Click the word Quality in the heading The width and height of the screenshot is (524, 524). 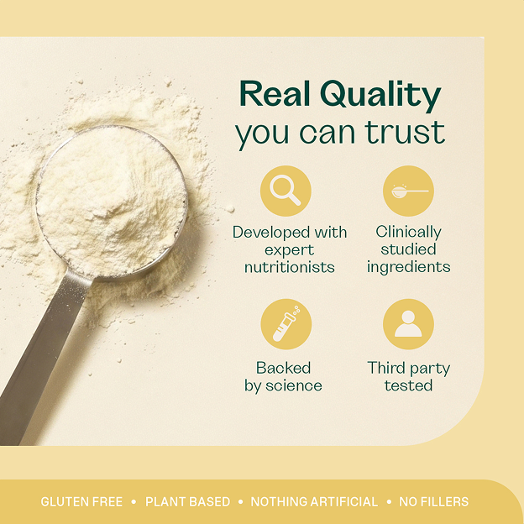pos(380,95)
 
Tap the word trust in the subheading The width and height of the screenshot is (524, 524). pos(405,132)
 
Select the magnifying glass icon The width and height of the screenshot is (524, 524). pos(286,190)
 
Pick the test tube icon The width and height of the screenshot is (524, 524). pos(286,323)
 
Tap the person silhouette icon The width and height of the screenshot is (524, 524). pos(408,323)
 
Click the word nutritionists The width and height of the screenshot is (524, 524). pos(290,267)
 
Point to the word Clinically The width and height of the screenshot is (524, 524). pos(408,233)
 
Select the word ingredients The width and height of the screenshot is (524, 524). pos(408,267)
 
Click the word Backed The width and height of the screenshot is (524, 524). pos(283,368)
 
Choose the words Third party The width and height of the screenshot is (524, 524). pos(408,369)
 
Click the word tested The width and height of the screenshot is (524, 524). pos(408,385)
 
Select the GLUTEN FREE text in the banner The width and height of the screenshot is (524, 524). pos(81,501)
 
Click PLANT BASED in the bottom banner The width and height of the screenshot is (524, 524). pos(188,501)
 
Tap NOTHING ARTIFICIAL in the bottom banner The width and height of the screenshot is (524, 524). pos(314,501)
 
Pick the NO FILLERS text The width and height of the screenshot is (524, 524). pos(434,501)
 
